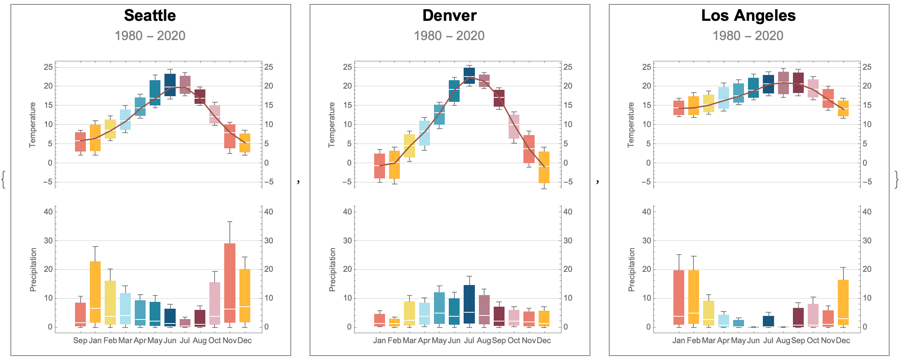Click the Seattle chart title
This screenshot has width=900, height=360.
click(x=150, y=16)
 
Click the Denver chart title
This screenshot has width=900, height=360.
click(x=449, y=16)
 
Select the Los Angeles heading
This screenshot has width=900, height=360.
click(x=748, y=16)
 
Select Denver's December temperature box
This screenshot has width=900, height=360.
click(x=544, y=167)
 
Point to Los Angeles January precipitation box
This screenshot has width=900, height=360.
click(x=679, y=297)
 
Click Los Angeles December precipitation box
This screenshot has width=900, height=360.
click(x=843, y=302)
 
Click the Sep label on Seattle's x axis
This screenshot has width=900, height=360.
click(x=80, y=340)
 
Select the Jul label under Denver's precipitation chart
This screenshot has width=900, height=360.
click(x=469, y=340)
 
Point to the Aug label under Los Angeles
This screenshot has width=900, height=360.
click(x=783, y=340)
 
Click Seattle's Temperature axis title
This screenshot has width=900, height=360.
click(x=32, y=125)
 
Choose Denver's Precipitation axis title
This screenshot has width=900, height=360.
click(x=332, y=269)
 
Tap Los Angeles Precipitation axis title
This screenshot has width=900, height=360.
click(x=631, y=269)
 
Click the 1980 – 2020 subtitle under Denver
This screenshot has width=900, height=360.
click(x=449, y=36)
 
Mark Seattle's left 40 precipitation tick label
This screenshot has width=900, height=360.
click(x=48, y=212)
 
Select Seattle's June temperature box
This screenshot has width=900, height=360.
click(x=170, y=85)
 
